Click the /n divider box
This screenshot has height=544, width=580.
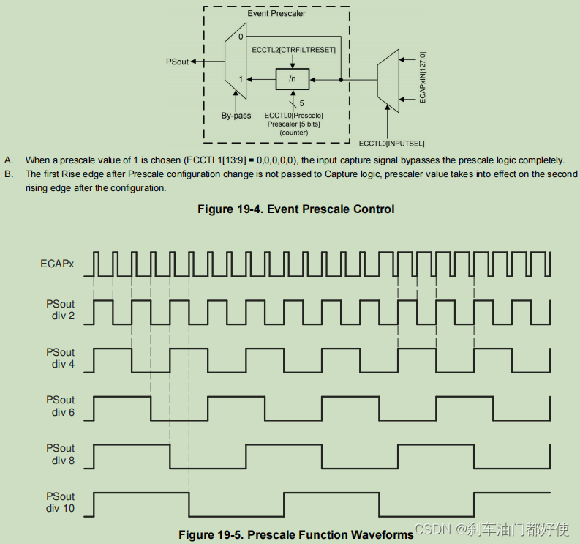[x=293, y=77]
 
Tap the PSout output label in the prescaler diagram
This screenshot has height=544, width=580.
[x=178, y=62]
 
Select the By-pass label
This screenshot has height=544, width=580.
[x=236, y=115]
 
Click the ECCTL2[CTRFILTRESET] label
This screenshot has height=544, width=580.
[x=293, y=49]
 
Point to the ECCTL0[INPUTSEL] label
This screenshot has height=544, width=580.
[x=392, y=143]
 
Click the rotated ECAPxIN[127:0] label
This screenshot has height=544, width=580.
[x=423, y=77]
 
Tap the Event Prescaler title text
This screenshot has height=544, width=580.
[x=276, y=13]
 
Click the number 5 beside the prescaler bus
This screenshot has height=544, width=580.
[x=301, y=103]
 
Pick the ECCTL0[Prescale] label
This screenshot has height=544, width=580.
[x=293, y=115]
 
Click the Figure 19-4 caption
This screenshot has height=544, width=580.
[x=295, y=209]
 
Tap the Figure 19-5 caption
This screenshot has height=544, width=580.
[x=295, y=535]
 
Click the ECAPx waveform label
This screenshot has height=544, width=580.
[x=57, y=263]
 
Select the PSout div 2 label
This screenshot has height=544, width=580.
[x=60, y=311]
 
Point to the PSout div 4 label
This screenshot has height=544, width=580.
[x=60, y=358]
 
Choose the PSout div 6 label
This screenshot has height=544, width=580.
[x=60, y=406]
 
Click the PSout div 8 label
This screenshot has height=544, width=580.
[x=60, y=454]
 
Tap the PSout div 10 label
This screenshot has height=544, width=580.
[x=60, y=502]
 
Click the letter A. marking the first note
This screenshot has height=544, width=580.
[x=8, y=160]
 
